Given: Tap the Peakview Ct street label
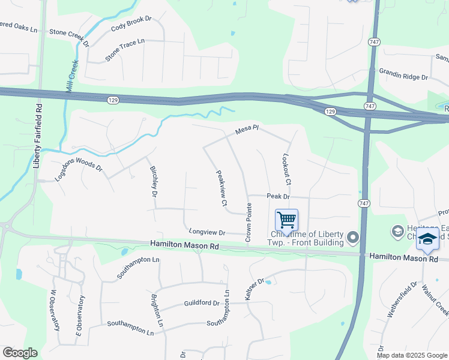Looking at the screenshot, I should tap(221, 188).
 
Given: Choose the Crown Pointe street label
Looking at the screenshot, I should tap(248, 223).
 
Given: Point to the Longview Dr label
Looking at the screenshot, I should tap(206, 232).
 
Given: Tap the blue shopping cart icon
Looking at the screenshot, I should tap(286, 220).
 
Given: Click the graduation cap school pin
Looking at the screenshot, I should tap(427, 239).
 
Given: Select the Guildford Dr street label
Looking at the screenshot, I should tap(202, 304).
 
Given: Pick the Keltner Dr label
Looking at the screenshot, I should tap(253, 289).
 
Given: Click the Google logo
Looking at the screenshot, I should tap(20, 353).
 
